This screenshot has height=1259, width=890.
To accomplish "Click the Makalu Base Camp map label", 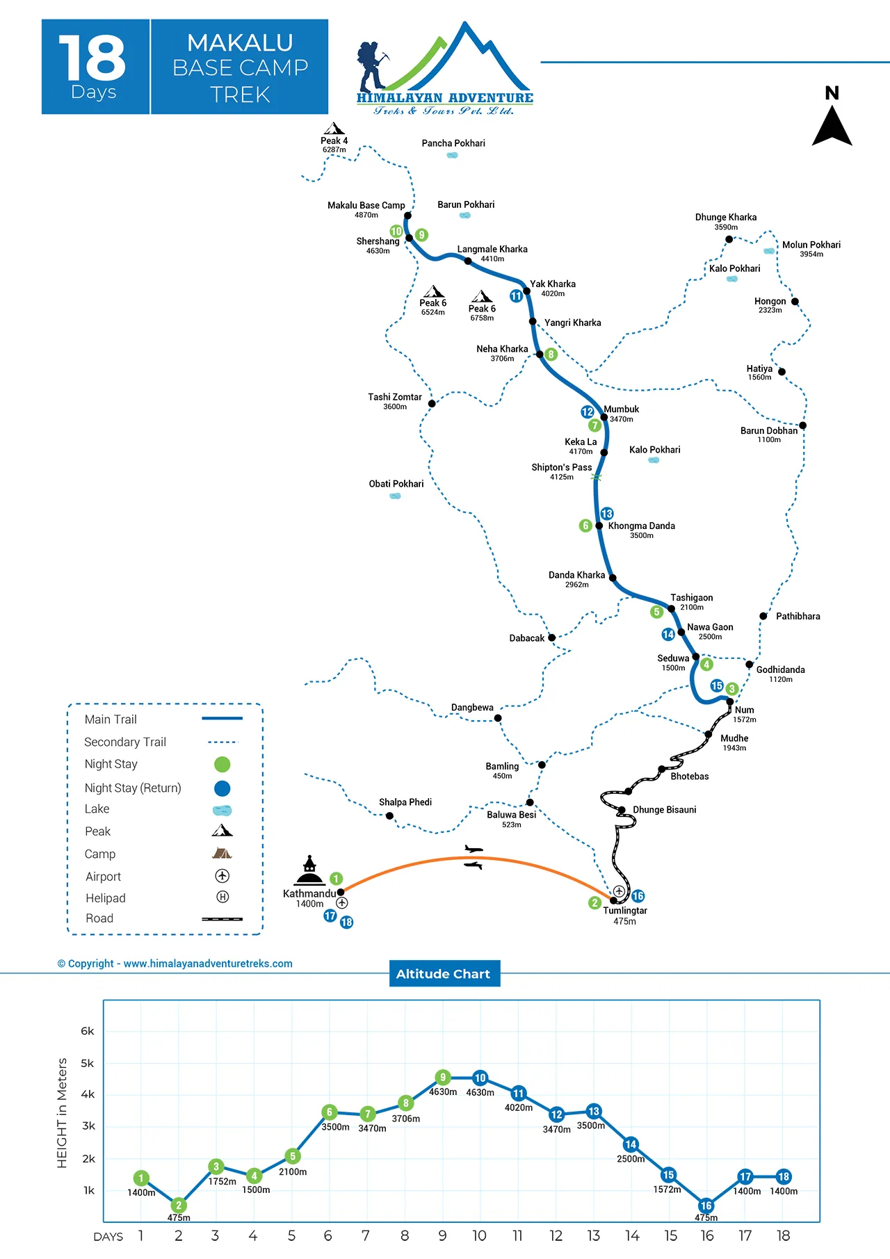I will click(x=366, y=205).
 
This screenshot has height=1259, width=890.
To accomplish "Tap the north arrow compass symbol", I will click(x=832, y=125).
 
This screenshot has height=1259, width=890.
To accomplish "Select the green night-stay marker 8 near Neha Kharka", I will click(x=551, y=355).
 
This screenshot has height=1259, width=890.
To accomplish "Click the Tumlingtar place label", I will click(x=624, y=911).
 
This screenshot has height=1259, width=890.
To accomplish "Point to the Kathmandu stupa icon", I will click(x=309, y=870).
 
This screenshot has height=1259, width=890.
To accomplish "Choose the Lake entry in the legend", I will click(x=97, y=809).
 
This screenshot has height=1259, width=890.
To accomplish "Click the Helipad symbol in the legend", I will click(x=222, y=897).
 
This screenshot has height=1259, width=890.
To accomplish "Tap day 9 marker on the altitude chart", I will click(x=443, y=1078).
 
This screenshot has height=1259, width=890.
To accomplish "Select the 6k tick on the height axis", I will click(x=88, y=1031).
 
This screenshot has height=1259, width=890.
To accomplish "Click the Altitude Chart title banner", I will click(x=444, y=974).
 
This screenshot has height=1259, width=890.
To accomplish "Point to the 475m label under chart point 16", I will click(x=706, y=1218).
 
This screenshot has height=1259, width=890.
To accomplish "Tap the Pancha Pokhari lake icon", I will click(x=452, y=155).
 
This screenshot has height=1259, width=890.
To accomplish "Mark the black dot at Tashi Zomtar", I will click(x=432, y=403).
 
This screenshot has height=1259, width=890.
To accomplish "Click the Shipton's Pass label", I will click(x=562, y=467).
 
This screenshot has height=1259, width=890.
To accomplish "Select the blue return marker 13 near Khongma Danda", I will click(x=607, y=514).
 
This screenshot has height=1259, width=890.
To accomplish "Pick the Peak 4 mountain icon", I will click(x=334, y=129).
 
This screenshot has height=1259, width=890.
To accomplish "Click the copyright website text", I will click(x=175, y=964).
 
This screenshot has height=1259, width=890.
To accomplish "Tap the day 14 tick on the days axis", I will click(x=632, y=1235).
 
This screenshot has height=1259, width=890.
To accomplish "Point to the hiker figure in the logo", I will click(x=371, y=66).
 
